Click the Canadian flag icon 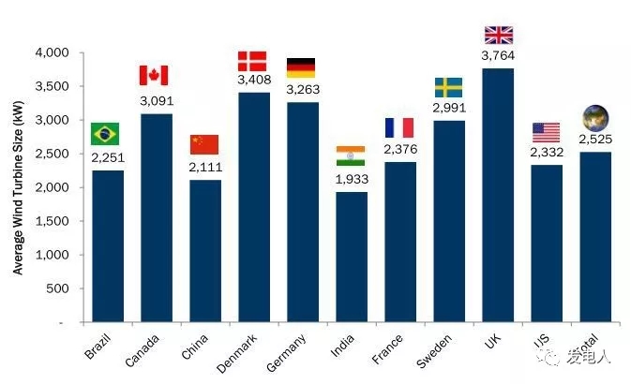point(154,75)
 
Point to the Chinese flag point(203,144)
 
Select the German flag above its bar point(301,67)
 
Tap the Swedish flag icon point(448,87)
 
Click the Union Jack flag point(498,35)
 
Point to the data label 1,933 point(351,178)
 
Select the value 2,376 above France point(399,149)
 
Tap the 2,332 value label point(546,153)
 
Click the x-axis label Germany point(290,352)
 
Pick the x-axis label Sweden point(438,350)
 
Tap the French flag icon point(399,127)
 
